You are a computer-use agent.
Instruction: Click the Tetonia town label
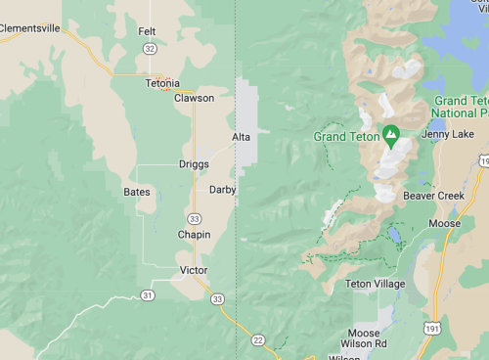pyautogui.click(x=162, y=84)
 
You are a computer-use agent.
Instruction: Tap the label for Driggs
pyautogui.click(x=194, y=164)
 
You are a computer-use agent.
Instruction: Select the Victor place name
pyautogui.click(x=194, y=270)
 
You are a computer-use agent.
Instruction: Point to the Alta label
pyautogui.click(x=242, y=137)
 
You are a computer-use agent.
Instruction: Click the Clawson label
pyautogui.click(x=194, y=98)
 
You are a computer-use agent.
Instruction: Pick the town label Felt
pyautogui.click(x=147, y=31)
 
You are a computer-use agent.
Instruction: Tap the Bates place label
pyautogui.click(x=137, y=192)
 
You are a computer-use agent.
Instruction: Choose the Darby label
pyautogui.click(x=223, y=190)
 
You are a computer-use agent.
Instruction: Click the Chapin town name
pyautogui.click(x=194, y=235)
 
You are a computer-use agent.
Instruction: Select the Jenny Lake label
pyautogui.click(x=449, y=134)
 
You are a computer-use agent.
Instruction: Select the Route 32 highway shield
pyautogui.click(x=149, y=48)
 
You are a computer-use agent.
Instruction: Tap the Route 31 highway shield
pyautogui.click(x=147, y=294)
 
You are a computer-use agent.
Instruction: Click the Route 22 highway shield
pyautogui.click(x=257, y=339)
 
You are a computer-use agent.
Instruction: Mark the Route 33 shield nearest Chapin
pyautogui.click(x=195, y=218)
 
